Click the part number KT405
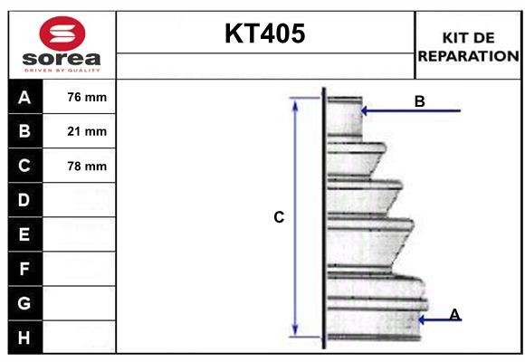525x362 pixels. (x=264, y=34)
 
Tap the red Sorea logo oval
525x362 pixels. (x=60, y=34)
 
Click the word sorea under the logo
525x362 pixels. (x=60, y=60)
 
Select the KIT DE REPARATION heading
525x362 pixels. (x=468, y=46)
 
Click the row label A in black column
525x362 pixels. (x=24, y=97)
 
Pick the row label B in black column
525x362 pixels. (x=24, y=131)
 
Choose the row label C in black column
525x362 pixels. (x=24, y=166)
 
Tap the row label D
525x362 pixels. (x=24, y=200)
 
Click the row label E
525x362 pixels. (x=24, y=234)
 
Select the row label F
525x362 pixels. (x=24, y=269)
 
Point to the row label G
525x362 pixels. (x=24, y=303)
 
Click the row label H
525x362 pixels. (x=24, y=338)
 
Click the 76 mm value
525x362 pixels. (x=88, y=97)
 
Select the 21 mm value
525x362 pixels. (x=88, y=131)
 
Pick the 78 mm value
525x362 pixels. (x=88, y=166)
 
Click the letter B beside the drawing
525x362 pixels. (x=419, y=101)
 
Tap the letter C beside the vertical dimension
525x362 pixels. (x=279, y=217)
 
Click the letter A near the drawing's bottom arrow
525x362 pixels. (x=454, y=314)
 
